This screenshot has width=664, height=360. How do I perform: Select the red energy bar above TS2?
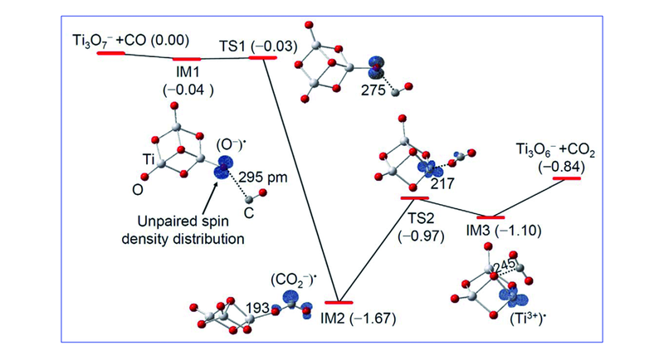pos(414,198)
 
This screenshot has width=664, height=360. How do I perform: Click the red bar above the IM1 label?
pos(187,60)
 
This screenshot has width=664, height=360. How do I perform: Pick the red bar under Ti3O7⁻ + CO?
pos(111,52)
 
